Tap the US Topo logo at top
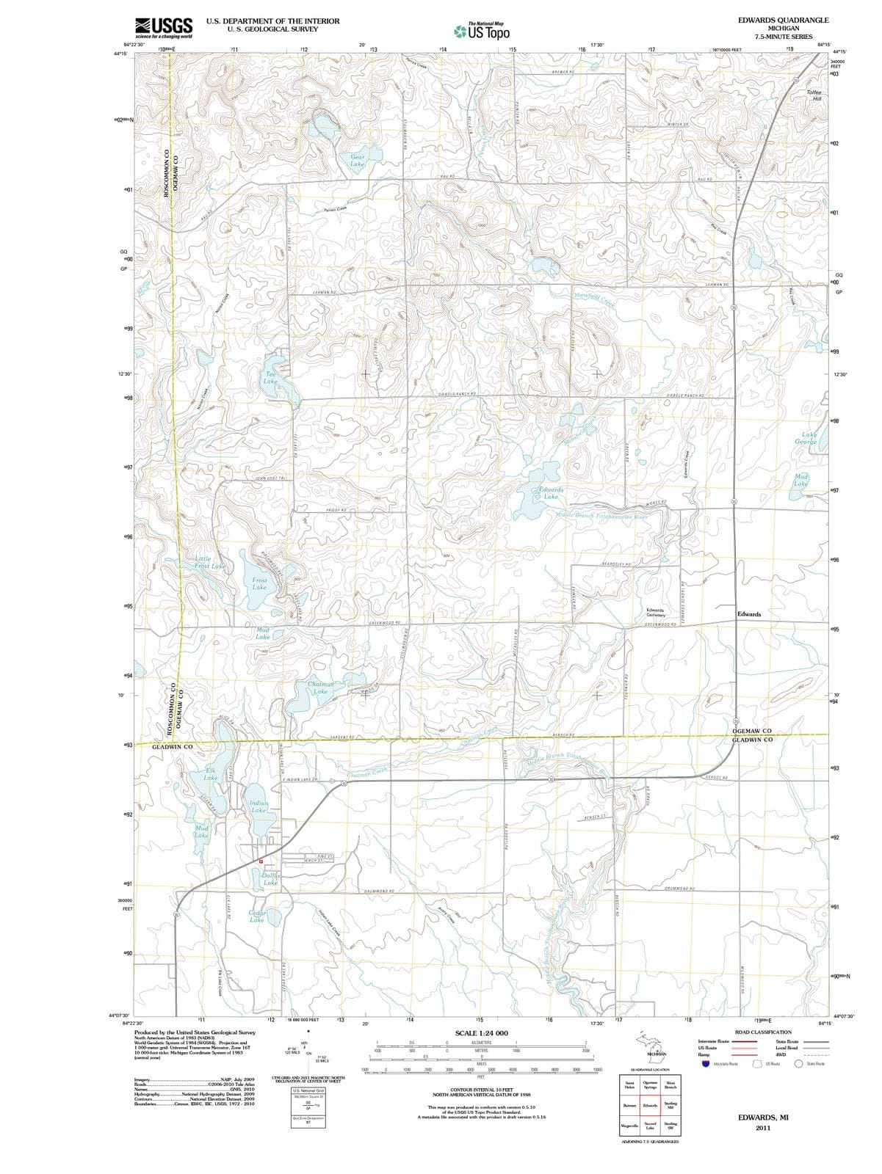(x=482, y=31)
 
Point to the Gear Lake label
(x=358, y=161)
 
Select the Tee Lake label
(x=270, y=378)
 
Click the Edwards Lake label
(x=551, y=493)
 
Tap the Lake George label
(x=806, y=438)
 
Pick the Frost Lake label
(x=259, y=583)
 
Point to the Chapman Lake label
(x=320, y=688)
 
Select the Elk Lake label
(x=211, y=774)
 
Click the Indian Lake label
(x=259, y=807)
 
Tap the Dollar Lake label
(x=270, y=879)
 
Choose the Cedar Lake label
(x=257, y=916)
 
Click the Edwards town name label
(x=749, y=614)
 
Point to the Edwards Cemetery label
(x=655, y=613)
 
